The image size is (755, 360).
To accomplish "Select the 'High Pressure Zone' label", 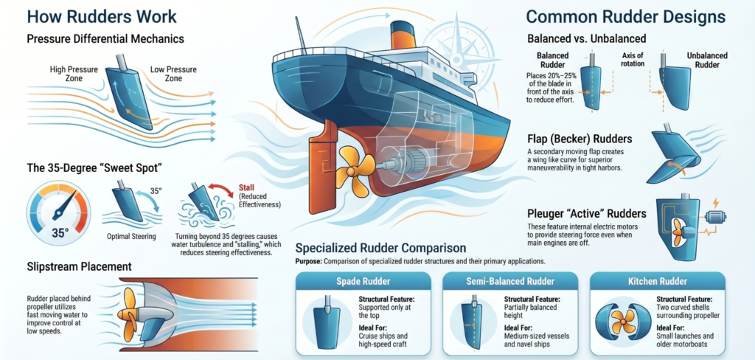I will [69, 74].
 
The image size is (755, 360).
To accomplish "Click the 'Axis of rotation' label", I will [633, 60].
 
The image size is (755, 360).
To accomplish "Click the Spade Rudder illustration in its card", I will [327, 319].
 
